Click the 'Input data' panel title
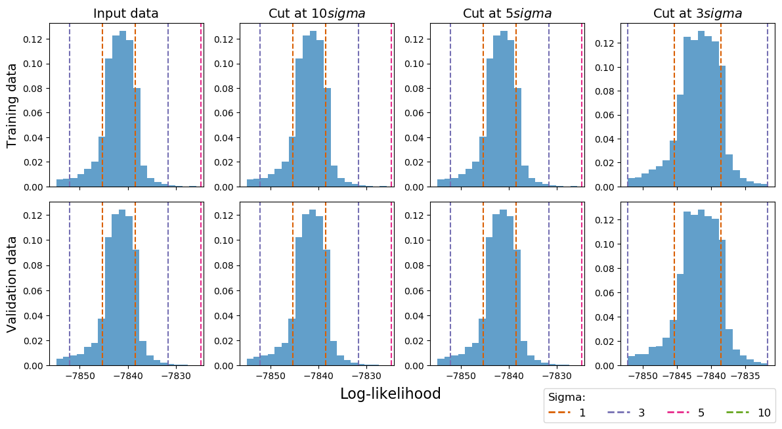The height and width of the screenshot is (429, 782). point(125,14)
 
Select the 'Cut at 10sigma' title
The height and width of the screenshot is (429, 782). point(317,14)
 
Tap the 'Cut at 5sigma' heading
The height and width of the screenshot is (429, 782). point(507,14)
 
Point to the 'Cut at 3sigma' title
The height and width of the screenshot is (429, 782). point(697,14)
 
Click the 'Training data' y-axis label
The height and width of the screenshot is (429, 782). point(12,106)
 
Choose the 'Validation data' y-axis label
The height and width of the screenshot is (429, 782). point(12,284)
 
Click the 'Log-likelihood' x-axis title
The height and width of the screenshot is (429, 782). point(390,394)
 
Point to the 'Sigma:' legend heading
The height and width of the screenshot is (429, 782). point(567,397)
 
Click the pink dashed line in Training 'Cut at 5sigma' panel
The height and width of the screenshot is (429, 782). point(582,105)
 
